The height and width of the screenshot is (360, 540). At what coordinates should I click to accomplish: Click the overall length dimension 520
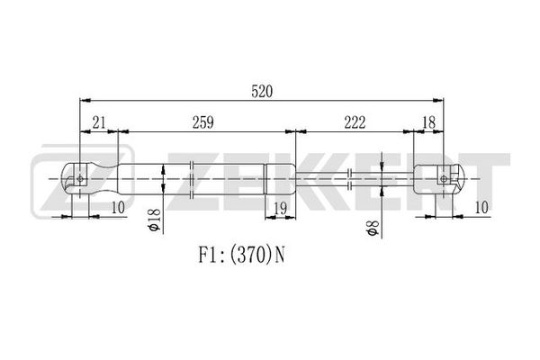(262, 92)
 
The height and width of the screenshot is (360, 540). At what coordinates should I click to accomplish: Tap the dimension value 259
(202, 122)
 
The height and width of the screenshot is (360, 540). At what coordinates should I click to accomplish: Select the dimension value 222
(355, 122)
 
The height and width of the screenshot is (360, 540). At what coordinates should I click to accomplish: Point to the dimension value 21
(99, 122)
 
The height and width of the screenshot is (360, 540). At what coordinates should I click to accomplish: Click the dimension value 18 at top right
(428, 122)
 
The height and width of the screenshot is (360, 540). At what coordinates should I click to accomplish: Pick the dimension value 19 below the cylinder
(280, 208)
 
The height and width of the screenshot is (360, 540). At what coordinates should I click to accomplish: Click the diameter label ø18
(155, 220)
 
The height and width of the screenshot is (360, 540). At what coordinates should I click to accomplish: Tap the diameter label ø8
(373, 228)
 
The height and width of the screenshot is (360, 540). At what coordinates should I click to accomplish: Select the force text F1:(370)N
(241, 256)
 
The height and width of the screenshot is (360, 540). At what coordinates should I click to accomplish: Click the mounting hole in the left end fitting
(81, 179)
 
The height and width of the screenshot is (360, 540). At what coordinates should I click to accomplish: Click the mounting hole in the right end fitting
(444, 179)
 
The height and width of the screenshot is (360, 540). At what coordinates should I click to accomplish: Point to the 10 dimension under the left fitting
(117, 208)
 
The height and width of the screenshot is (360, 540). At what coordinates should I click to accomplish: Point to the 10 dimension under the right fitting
(481, 208)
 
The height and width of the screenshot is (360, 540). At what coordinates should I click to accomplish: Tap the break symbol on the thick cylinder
(193, 179)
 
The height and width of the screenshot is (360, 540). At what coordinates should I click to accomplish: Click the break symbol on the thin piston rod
(350, 179)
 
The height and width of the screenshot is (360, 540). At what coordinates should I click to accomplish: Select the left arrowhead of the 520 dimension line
(85, 101)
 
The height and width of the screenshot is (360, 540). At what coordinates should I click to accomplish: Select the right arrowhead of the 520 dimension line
(438, 101)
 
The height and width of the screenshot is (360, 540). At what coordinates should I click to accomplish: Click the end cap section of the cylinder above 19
(280, 179)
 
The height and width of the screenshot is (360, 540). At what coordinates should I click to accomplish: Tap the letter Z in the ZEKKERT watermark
(82, 182)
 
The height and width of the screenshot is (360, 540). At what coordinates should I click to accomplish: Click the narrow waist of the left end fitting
(105, 179)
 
